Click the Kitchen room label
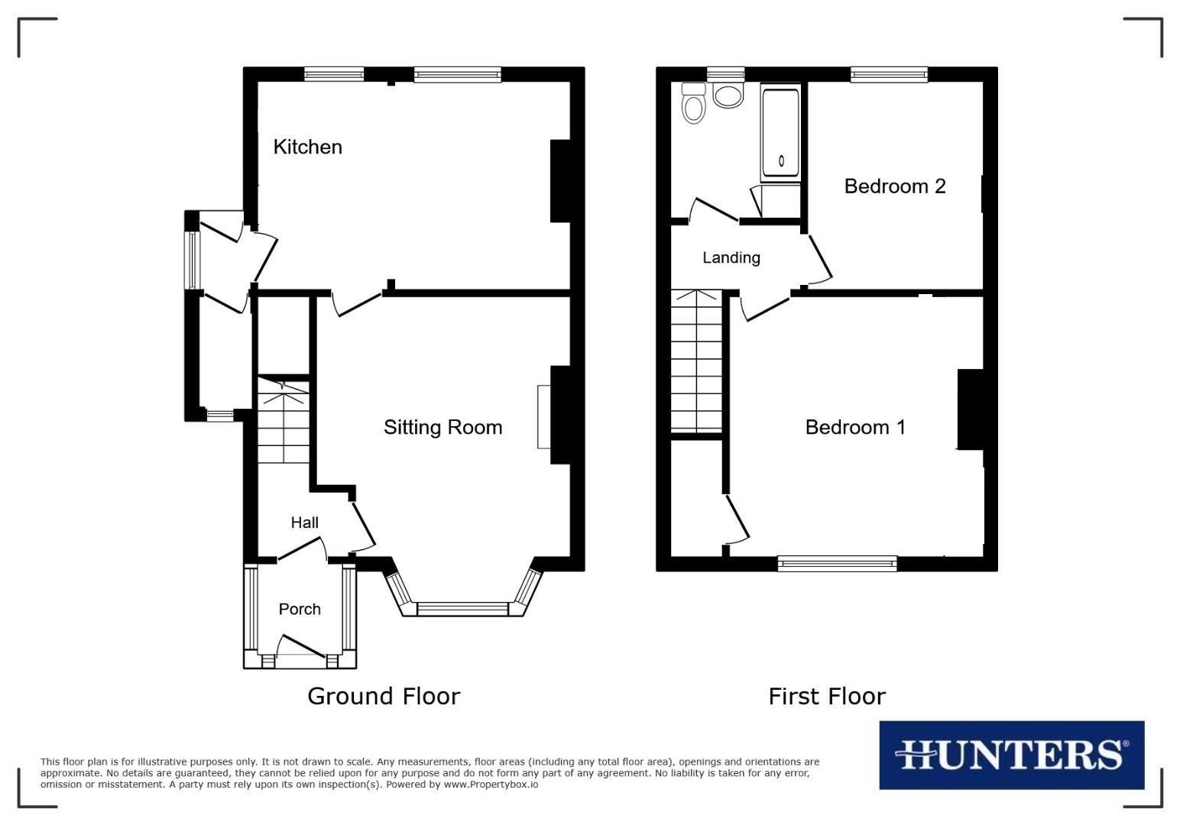click(307, 147)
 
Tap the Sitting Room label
click(443, 427)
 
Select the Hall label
click(304, 522)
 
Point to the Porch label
click(300, 609)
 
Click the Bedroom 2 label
click(894, 186)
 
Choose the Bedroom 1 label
click(855, 427)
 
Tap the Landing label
click(731, 257)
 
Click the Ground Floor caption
click(384, 696)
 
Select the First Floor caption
click(826, 696)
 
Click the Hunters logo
click(1011, 755)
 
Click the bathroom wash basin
click(727, 95)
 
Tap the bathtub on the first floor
click(780, 134)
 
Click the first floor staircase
click(696, 361)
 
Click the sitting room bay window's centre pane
click(462, 610)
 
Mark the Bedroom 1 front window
click(837, 564)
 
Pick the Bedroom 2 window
click(889, 74)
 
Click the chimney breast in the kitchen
click(560, 181)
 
